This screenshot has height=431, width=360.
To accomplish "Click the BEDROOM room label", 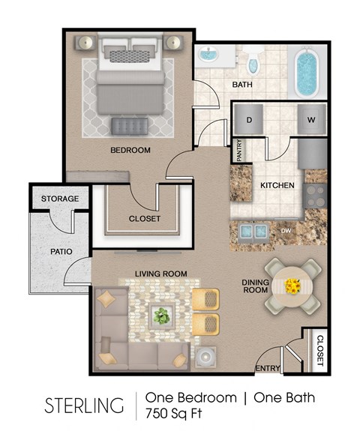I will click(x=130, y=151).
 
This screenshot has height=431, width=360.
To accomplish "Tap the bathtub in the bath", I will click(x=307, y=73).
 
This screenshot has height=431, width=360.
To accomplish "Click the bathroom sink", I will click(x=208, y=56).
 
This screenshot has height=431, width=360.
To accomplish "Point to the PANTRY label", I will click(x=239, y=151).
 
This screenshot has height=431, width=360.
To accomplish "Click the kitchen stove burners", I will click(x=316, y=193).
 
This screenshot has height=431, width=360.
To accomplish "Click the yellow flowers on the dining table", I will click(x=292, y=286).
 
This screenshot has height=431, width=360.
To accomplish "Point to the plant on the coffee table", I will click(x=161, y=316).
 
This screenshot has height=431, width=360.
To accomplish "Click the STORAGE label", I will click(x=59, y=199).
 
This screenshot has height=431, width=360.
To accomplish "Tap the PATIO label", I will click(x=60, y=252).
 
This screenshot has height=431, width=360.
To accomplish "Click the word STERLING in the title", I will click(x=84, y=406).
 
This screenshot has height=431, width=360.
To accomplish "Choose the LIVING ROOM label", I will click(x=160, y=274).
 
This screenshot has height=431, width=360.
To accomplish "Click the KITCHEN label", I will click(x=277, y=185).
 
